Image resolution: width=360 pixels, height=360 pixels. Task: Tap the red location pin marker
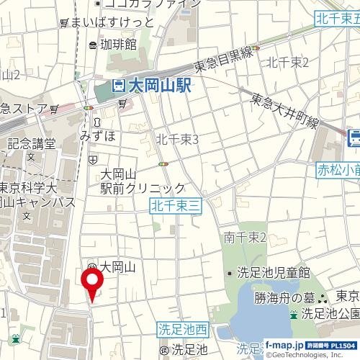click(x=92, y=282)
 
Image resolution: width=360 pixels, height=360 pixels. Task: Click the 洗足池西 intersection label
click(x=183, y=330)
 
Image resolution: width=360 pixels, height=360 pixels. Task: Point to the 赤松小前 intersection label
click(x=337, y=171)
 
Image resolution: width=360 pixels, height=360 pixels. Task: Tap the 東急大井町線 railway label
click(x=284, y=112)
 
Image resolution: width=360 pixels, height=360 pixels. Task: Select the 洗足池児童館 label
click(x=273, y=273)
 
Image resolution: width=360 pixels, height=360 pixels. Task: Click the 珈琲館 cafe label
click(x=118, y=45)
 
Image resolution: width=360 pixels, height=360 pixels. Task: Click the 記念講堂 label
click(x=32, y=143)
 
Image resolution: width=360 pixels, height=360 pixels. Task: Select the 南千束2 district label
click(x=246, y=237)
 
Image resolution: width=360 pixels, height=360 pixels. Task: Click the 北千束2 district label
click(x=287, y=62)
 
